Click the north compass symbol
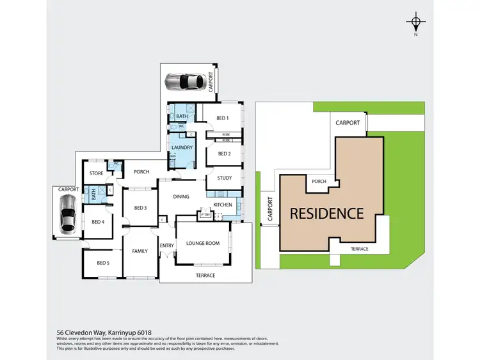click(416, 24)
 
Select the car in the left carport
click(68, 214)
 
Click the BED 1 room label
click(223, 118)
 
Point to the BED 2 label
click(224, 153)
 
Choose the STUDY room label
click(224, 178)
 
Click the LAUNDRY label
click(182, 148)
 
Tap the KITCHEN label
click(223, 205)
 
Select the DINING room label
click(181, 196)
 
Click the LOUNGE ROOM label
click(202, 243)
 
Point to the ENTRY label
click(167, 246)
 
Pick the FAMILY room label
click(140, 251)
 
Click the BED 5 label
click(103, 263)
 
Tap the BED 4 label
click(97, 222)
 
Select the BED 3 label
click(140, 208)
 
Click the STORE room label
click(96, 173)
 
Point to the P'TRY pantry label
click(205, 215)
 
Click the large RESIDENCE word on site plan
click(326, 214)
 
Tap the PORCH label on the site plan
click(319, 182)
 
